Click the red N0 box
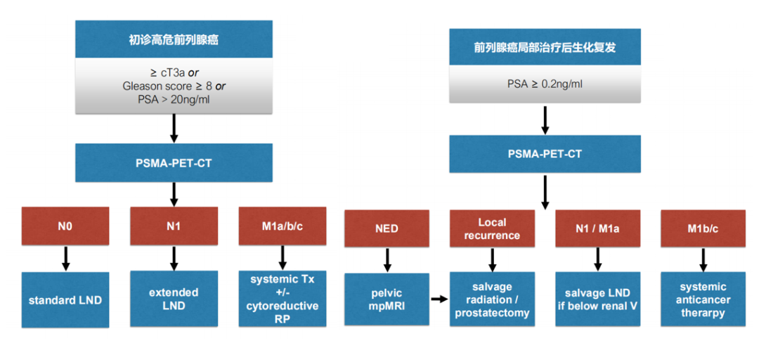tap(65, 227)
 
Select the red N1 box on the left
tap(174, 227)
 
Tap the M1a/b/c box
tap(283, 227)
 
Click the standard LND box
tap(65, 300)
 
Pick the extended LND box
tap(174, 298)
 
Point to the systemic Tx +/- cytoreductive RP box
tap(283, 299)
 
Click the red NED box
tap(387, 229)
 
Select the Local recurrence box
tap(492, 228)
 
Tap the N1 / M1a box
tap(597, 228)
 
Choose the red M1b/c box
tap(703, 228)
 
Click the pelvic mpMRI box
tap(387, 299)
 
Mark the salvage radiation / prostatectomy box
tap(492, 299)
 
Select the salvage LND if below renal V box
tap(597, 299)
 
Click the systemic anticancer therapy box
tap(703, 299)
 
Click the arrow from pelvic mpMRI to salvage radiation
tap(439, 300)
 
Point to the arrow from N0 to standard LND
tap(65, 259)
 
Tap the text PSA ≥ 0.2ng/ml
tap(545, 84)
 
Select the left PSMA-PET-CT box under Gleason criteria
tap(174, 162)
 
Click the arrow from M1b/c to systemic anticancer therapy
tap(703, 259)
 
